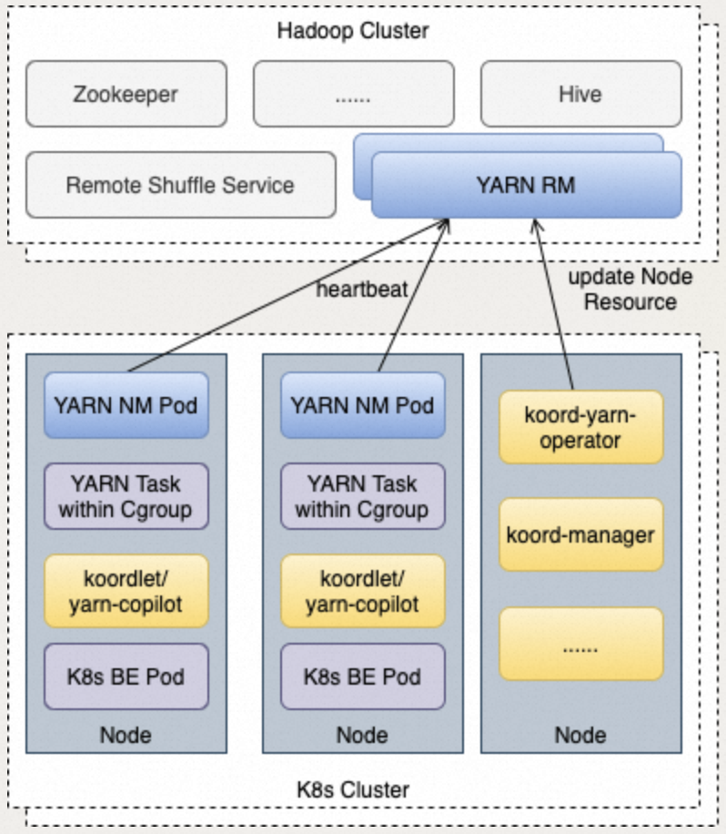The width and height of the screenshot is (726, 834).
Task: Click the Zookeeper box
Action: (126, 94)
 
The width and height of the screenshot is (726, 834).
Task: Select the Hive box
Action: (580, 94)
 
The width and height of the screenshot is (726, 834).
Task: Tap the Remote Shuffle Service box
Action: (180, 185)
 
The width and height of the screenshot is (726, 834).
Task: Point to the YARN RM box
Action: (526, 185)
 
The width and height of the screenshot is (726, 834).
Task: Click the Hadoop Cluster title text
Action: (353, 31)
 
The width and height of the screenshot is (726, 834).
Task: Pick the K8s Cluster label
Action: (353, 788)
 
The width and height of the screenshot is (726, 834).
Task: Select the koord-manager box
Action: (580, 534)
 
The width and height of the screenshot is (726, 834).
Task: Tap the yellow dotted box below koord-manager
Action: (580, 644)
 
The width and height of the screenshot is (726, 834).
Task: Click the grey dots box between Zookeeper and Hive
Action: (353, 94)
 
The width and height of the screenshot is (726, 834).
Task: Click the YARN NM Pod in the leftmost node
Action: (126, 405)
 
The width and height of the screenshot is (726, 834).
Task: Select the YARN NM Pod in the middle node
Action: (362, 405)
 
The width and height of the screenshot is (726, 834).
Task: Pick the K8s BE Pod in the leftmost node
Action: (126, 676)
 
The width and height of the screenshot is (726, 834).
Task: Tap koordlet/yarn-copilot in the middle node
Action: (362, 591)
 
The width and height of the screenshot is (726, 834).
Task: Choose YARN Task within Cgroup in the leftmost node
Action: (126, 496)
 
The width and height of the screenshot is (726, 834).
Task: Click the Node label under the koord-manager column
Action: (580, 734)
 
